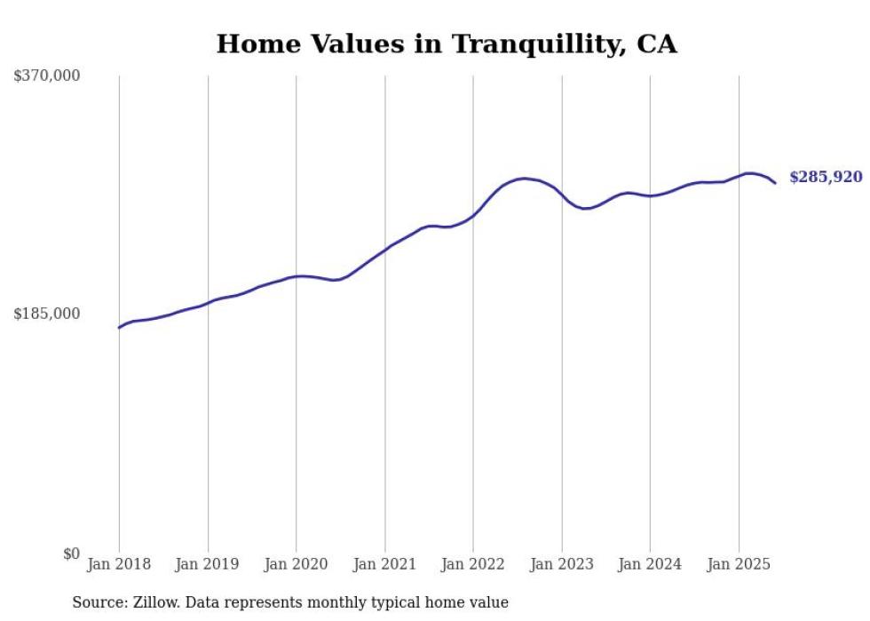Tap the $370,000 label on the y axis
click(x=47, y=76)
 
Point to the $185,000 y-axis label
click(x=47, y=314)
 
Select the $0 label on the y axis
click(x=72, y=553)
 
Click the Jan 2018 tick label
click(x=119, y=564)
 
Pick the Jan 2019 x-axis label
click(x=208, y=564)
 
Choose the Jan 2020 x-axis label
click(x=297, y=564)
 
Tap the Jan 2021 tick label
click(x=384, y=564)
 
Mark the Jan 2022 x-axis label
click(x=473, y=564)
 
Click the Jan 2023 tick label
click(x=562, y=564)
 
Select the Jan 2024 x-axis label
click(x=650, y=564)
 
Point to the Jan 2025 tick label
click(x=739, y=564)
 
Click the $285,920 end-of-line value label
click(x=826, y=178)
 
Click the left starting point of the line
click(x=119, y=328)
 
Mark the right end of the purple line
click(x=775, y=183)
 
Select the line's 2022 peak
click(x=524, y=179)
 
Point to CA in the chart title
click(x=657, y=44)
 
